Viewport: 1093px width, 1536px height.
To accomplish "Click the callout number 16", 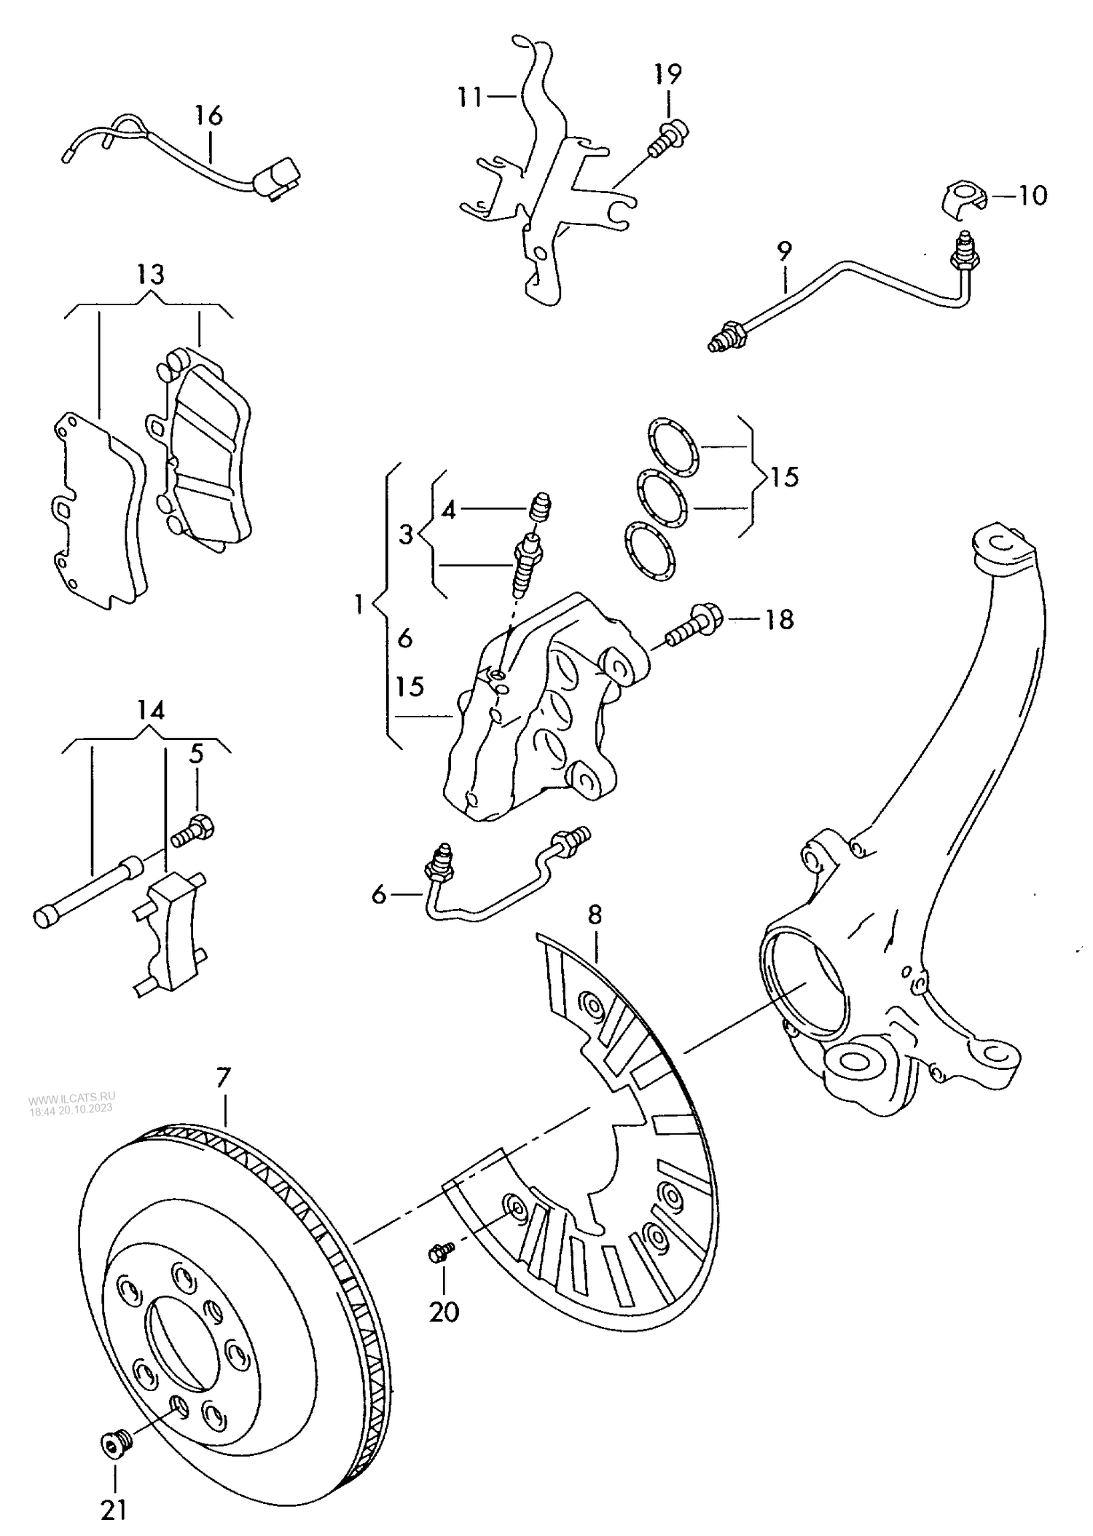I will [208, 116].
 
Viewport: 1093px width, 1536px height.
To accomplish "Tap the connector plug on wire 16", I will [277, 178].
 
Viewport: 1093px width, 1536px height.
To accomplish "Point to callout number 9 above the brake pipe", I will [784, 251].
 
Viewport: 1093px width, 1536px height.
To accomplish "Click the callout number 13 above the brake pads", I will [150, 275].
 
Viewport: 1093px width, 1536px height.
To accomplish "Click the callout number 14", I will [150, 710].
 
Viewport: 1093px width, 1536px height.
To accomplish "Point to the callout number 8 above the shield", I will [595, 915].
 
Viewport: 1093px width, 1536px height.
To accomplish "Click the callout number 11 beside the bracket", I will [471, 96].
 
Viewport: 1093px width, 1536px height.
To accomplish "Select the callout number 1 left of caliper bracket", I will [358, 604].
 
